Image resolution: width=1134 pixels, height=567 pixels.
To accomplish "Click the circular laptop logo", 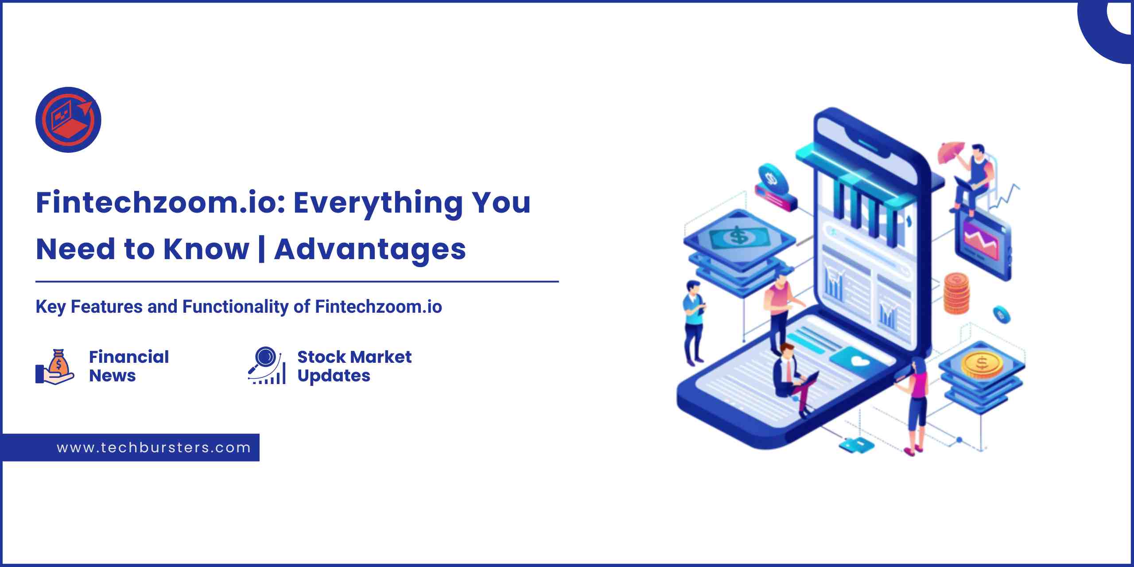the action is [x=68, y=120].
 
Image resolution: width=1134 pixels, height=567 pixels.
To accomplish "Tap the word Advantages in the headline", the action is [x=370, y=249].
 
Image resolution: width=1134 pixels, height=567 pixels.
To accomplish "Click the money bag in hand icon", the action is [x=54, y=366].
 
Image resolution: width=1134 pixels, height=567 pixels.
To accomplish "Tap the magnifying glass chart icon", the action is [x=267, y=365].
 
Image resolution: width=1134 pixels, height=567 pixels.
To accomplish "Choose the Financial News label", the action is [x=129, y=366].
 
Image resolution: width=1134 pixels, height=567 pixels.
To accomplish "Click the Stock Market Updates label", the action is [x=354, y=366].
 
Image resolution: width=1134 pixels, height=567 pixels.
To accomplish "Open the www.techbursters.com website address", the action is [x=154, y=448].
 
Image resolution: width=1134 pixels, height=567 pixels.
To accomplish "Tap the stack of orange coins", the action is [x=956, y=293].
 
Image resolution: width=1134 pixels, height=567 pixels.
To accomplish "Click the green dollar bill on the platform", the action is [x=738, y=236].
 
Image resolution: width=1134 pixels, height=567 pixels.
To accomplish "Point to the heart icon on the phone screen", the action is [x=860, y=362].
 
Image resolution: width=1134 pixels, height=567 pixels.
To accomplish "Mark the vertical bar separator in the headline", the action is [x=262, y=250].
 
